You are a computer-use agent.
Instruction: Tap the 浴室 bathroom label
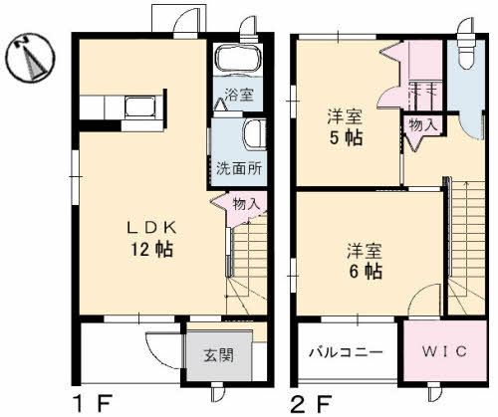[x=238, y=97]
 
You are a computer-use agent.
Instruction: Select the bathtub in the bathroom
[x=237, y=63]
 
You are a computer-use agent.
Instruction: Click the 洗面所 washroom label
[x=239, y=168]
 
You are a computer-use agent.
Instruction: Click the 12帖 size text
[x=150, y=248]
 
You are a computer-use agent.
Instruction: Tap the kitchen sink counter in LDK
[x=139, y=105]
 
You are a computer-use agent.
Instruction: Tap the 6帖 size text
[x=367, y=270]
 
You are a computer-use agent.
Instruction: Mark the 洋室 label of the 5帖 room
[x=346, y=115]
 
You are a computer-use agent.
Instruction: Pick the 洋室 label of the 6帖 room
[x=365, y=248]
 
